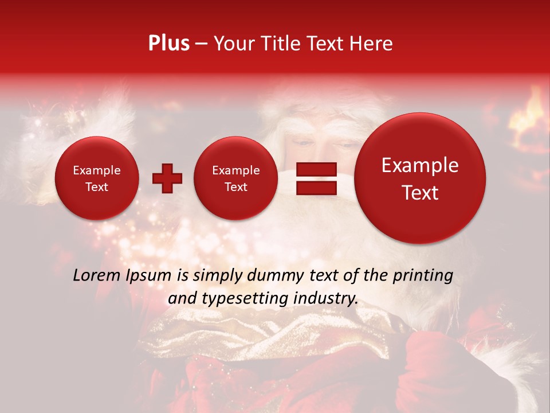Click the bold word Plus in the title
(168, 44)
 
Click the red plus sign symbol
(167, 179)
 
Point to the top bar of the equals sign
(316, 169)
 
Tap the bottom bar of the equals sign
(316, 188)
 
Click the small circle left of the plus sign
(97, 178)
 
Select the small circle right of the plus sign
(236, 178)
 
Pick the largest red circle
(420, 178)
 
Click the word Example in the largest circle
(420, 165)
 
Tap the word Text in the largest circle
(420, 193)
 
